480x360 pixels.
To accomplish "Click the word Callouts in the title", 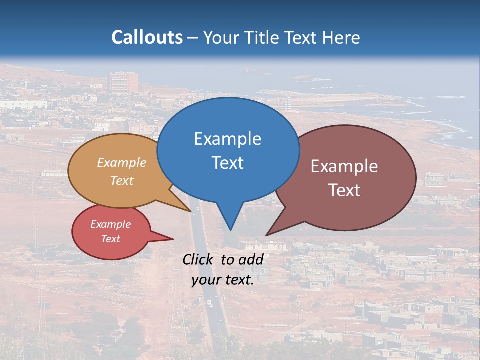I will tap(147, 37).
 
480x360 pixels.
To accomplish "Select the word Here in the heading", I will tap(342, 37).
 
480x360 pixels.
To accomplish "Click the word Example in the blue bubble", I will tap(227, 139).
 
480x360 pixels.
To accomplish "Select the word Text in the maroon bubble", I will tap(344, 190).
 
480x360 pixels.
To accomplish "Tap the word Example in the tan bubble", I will tap(121, 163).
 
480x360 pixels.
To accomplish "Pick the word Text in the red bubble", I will tap(110, 239).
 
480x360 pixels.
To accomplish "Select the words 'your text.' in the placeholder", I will tap(223, 280).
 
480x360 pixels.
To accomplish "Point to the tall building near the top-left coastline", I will tap(124, 83).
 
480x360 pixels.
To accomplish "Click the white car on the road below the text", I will tap(209, 303).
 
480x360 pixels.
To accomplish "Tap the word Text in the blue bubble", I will tap(227, 163).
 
